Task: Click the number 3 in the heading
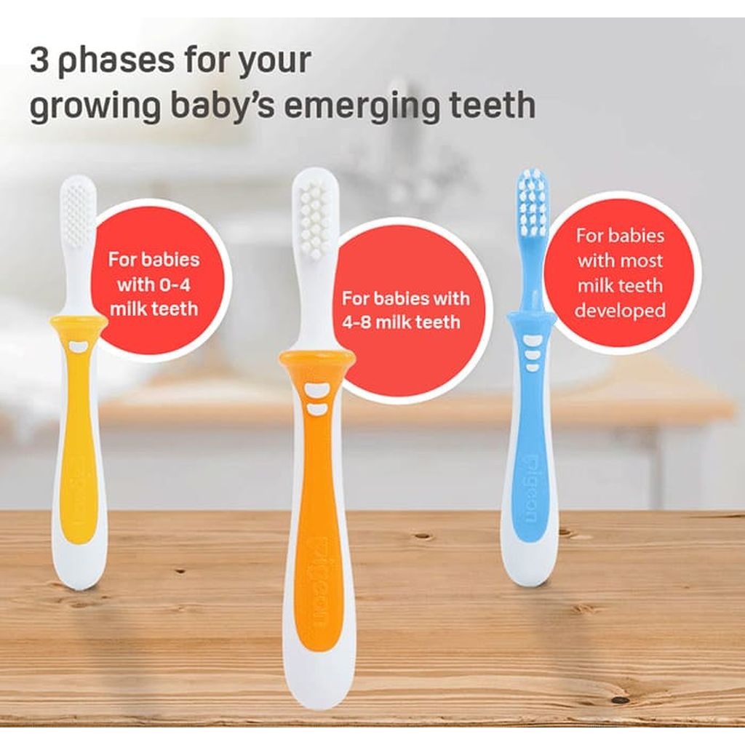tap(40, 60)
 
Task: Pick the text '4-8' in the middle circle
tap(362, 321)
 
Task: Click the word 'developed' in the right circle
tap(620, 311)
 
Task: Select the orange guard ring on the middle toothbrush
tap(317, 359)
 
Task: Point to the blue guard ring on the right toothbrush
tap(532, 319)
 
